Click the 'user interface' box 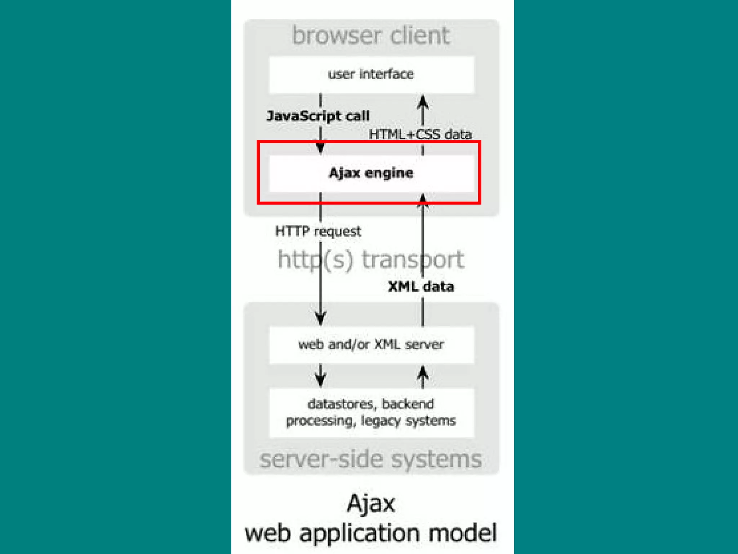(371, 75)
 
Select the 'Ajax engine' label (371, 173)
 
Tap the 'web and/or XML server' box (371, 345)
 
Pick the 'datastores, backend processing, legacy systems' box (371, 412)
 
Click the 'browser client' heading (371, 35)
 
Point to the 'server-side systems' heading (371, 459)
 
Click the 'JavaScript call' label (318, 116)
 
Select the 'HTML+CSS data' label (420, 135)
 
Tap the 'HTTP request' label (318, 231)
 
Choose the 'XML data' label (421, 287)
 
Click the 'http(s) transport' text (371, 259)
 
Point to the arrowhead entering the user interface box (423, 101)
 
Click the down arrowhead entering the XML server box (320, 318)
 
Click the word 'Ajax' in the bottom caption (371, 504)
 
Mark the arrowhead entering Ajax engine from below (423, 200)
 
